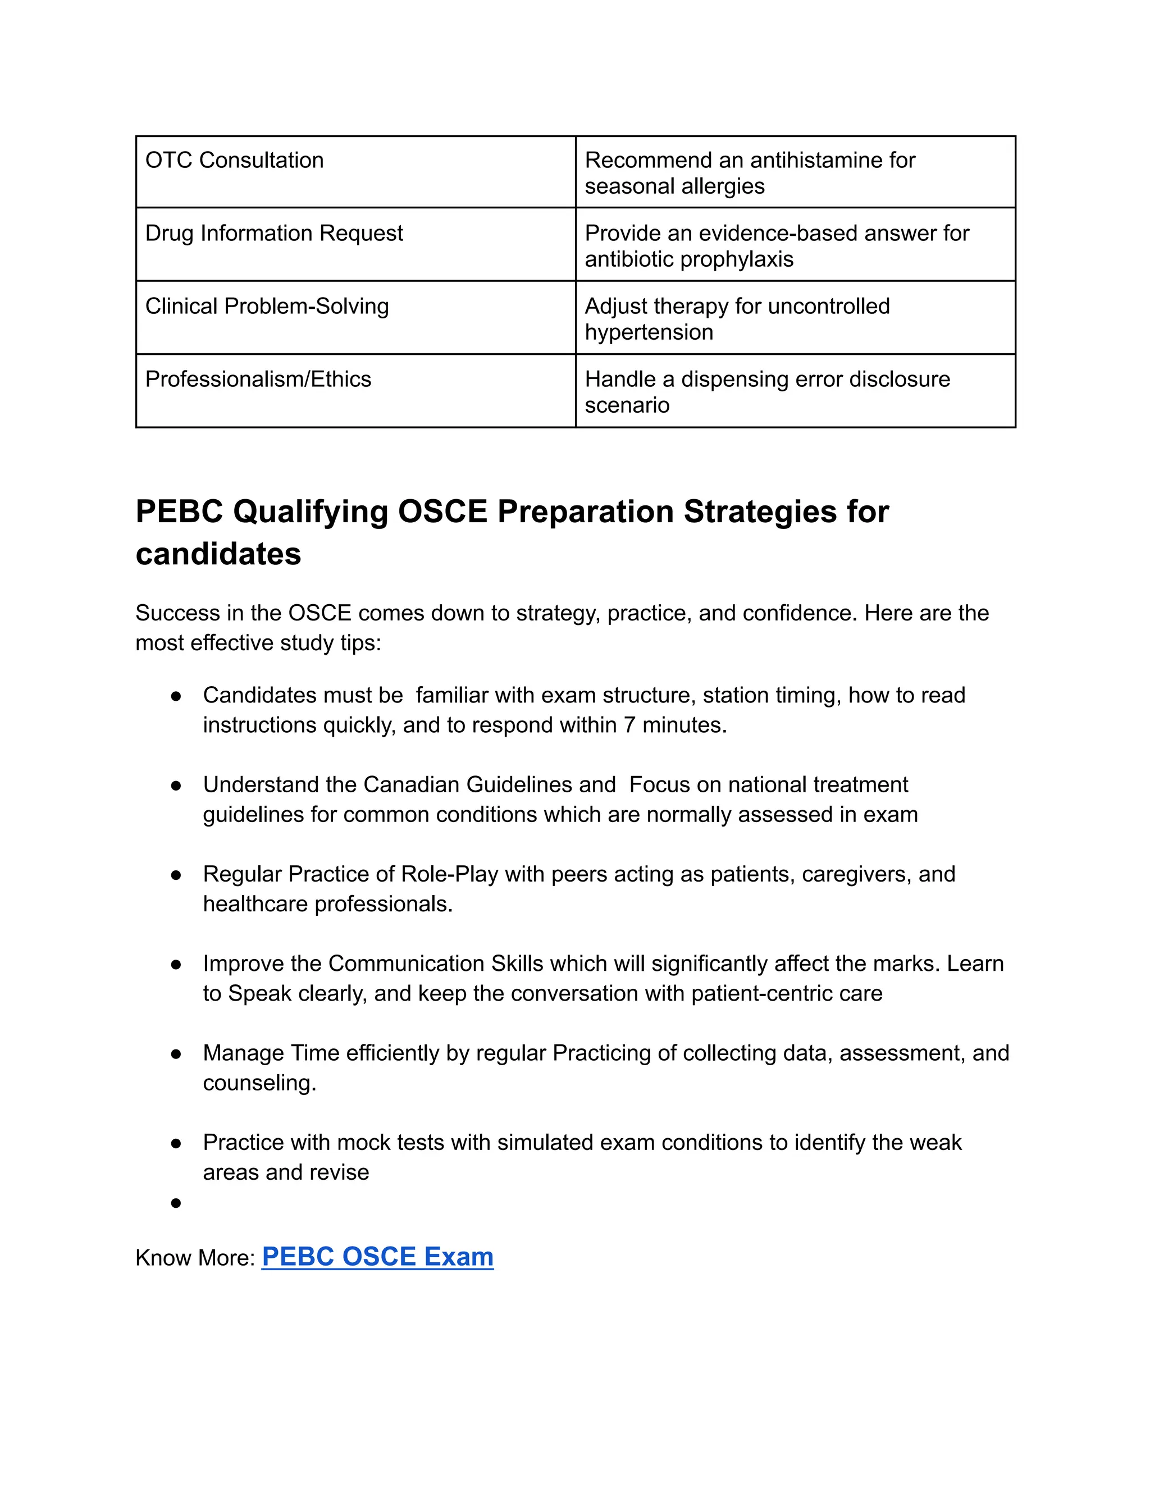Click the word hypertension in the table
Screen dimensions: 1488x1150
[x=649, y=332]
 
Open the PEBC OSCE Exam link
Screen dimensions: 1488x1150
[x=377, y=1257]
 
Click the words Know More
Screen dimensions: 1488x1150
[x=195, y=1258]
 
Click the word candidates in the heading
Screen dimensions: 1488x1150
[x=218, y=554]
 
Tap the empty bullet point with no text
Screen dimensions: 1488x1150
[x=176, y=1204]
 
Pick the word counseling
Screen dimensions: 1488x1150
[x=258, y=1083]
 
